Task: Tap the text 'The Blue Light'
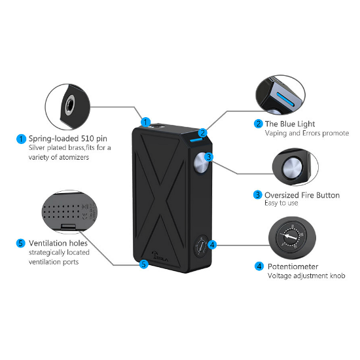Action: (x=289, y=123)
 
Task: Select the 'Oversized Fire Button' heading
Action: (x=302, y=194)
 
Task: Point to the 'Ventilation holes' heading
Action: (x=58, y=243)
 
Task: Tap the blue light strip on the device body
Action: (x=195, y=139)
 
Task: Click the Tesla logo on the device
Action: (x=155, y=257)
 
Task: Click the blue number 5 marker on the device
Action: (x=143, y=264)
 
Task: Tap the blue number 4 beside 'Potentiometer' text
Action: (x=259, y=266)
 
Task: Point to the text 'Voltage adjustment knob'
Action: (x=305, y=276)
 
